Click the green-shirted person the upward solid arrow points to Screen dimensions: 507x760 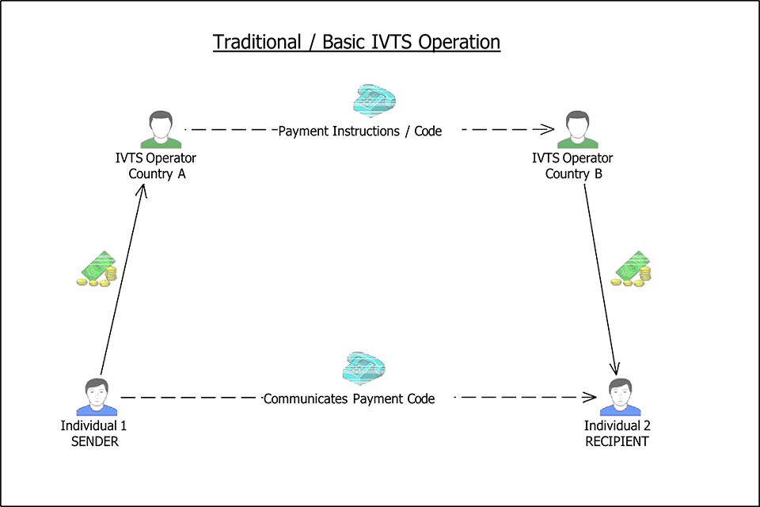pyautogui.click(x=161, y=130)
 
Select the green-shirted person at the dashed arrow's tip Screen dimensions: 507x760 pyautogui.click(x=577, y=130)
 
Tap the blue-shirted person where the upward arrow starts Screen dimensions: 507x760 pyautogui.click(x=97, y=397)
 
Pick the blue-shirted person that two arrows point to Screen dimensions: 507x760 pyautogui.click(x=620, y=397)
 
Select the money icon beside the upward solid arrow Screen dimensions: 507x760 pyautogui.click(x=97, y=269)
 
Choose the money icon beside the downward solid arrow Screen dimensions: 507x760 pyautogui.click(x=632, y=269)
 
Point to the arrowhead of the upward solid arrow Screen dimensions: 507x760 pyautogui.click(x=143, y=187)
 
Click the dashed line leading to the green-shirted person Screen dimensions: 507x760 pyautogui.click(x=499, y=129)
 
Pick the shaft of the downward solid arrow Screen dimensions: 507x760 pyautogui.click(x=599, y=277)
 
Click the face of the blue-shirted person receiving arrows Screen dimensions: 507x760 pyautogui.click(x=620, y=392)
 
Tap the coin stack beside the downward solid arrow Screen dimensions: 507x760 pyautogui.click(x=645, y=275)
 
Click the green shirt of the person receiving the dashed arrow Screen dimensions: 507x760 pyautogui.click(x=577, y=143)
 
